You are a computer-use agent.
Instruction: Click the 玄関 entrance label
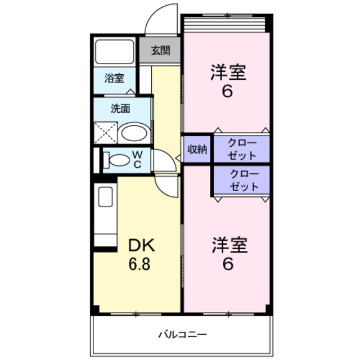click(160, 51)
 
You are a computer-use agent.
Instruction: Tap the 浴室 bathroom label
click(114, 78)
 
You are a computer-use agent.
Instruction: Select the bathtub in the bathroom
click(114, 52)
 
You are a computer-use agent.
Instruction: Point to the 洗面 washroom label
click(120, 108)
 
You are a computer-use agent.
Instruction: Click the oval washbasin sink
click(135, 134)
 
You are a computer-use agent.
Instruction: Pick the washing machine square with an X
click(105, 133)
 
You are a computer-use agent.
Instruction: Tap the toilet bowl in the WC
click(119, 160)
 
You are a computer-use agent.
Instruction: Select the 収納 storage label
click(197, 149)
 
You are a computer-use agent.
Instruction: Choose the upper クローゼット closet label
click(242, 149)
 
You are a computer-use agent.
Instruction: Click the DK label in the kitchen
click(141, 245)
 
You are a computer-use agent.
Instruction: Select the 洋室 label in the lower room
click(229, 245)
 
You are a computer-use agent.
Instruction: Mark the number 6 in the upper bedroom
click(227, 91)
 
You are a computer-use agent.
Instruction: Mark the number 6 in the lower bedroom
click(228, 263)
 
